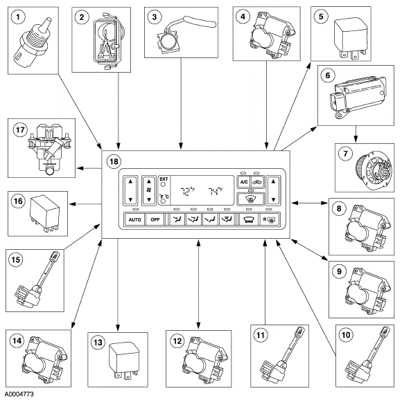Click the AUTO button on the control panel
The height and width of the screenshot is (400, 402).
(x=135, y=219)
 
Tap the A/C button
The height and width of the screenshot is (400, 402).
(x=243, y=182)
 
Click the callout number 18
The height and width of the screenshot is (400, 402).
(x=114, y=161)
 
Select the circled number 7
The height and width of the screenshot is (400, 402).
(x=345, y=154)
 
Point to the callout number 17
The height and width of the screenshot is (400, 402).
(x=20, y=130)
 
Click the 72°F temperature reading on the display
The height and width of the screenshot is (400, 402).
(x=188, y=191)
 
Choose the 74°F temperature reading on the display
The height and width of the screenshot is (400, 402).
(x=216, y=191)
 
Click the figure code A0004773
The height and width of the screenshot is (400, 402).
(x=19, y=394)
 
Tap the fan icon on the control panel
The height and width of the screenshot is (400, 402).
(x=149, y=190)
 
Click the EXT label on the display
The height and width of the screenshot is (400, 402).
(x=164, y=179)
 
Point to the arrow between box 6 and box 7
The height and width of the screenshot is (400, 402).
(x=356, y=134)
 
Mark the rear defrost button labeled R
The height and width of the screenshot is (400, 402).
(x=270, y=219)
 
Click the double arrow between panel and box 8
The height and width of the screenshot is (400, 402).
(x=309, y=203)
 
